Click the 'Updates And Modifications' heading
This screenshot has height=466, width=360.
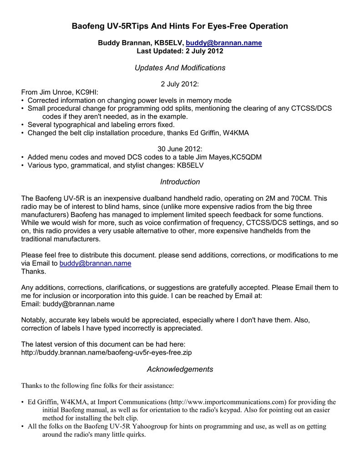[180, 68]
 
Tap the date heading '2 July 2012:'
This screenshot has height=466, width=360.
[180, 84]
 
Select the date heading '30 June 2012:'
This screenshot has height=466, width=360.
[180, 149]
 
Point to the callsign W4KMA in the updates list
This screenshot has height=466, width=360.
[233, 133]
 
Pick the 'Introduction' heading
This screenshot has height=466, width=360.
[180, 182]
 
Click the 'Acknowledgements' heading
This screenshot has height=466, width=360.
[180, 369]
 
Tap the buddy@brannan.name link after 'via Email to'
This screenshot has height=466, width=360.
[95, 263]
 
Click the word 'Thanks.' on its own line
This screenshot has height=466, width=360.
[34, 272]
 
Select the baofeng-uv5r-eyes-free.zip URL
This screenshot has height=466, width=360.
[110, 353]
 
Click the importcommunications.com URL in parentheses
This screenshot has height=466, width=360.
[227, 402]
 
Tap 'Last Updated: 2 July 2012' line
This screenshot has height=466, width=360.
[180, 51]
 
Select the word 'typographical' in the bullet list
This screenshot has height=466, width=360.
[73, 124]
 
